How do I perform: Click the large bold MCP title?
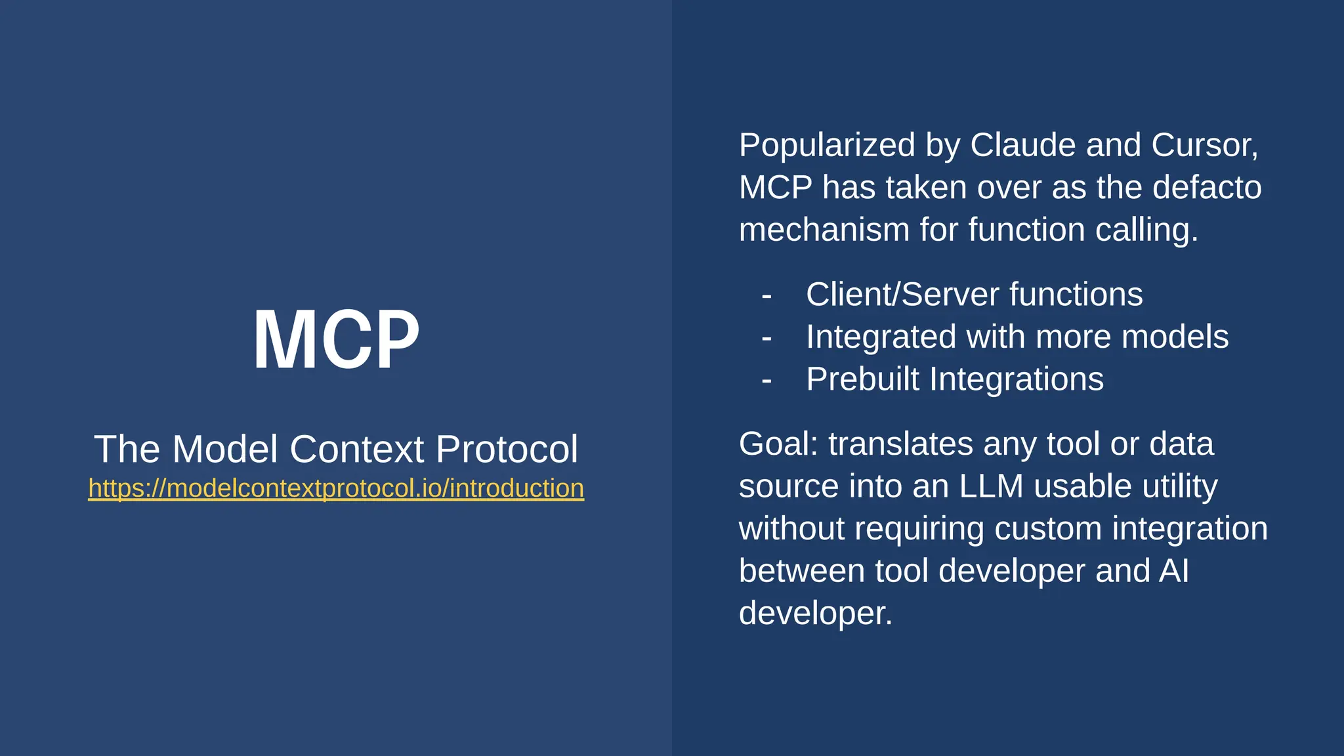click(336, 340)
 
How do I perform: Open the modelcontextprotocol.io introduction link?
click(336, 488)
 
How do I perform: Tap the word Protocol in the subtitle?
click(507, 449)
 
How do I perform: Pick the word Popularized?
click(827, 145)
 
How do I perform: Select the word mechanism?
click(824, 230)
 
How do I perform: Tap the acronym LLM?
click(991, 486)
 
